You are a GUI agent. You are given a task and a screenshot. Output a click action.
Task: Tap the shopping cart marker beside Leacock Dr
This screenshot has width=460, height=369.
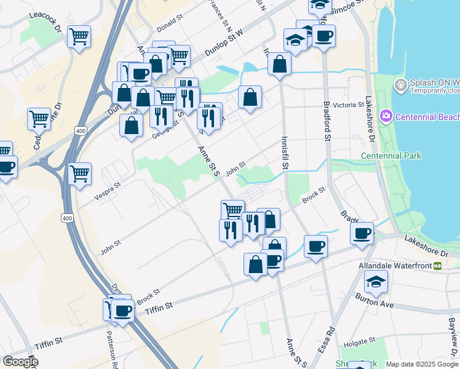pyautogui.click(x=79, y=38)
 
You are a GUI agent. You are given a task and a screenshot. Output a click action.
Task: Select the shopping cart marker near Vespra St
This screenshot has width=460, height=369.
pyautogui.click(x=80, y=175)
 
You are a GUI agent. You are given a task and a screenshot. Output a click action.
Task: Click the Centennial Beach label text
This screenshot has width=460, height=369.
pyautogui.click(x=427, y=117)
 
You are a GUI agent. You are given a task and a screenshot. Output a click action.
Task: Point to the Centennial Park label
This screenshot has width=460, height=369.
pyautogui.click(x=391, y=156)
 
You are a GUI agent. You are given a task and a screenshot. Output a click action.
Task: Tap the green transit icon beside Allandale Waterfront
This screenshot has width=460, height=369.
pyautogui.click(x=438, y=266)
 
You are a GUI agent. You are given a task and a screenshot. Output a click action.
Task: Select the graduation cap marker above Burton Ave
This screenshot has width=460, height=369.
pyautogui.click(x=376, y=282)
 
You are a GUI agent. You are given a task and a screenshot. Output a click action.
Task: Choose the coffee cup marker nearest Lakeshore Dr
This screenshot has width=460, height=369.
pyautogui.click(x=362, y=233)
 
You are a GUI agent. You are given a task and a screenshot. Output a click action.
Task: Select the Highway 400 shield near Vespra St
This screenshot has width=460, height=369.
pyautogui.click(x=66, y=218)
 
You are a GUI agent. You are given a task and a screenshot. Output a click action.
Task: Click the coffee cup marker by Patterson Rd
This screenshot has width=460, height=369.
pyautogui.click(x=123, y=311)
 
